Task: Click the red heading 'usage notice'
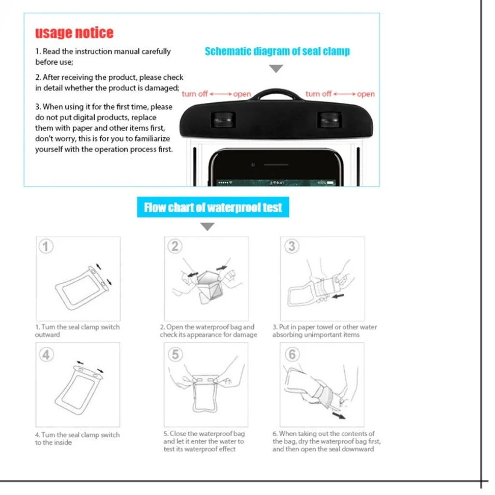[74, 33]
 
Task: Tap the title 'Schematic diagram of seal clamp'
[277, 51]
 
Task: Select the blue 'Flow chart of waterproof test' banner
[213, 207]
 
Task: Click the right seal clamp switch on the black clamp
[329, 119]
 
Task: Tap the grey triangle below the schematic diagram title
[276, 69]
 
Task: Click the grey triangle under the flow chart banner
[207, 226]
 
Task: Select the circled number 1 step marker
[45, 247]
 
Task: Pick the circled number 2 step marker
[175, 247]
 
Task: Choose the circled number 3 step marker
[291, 247]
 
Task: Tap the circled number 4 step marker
[45, 355]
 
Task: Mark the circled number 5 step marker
[175, 355]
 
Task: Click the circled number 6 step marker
[291, 355]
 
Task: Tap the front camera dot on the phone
[253, 165]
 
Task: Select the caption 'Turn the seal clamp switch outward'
[77, 331]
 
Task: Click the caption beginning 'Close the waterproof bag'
[204, 441]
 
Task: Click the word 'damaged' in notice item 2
[161, 88]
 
